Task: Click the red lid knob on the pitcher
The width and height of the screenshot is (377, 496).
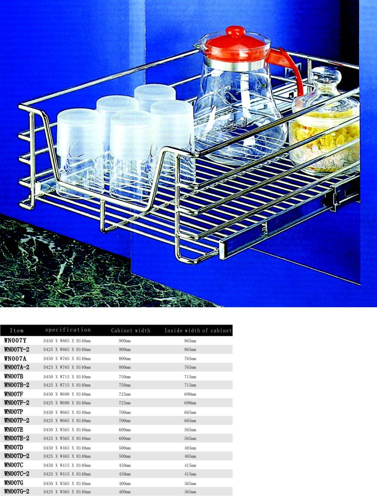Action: point(235,31)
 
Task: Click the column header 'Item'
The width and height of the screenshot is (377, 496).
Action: point(17,331)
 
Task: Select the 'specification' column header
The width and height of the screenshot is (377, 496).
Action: point(68,330)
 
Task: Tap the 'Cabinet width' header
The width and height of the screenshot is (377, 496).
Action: point(130,331)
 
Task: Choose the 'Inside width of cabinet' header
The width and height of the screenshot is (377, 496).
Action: point(198,331)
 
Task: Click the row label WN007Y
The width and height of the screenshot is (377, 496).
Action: point(15,341)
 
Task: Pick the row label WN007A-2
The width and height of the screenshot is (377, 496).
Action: point(16,367)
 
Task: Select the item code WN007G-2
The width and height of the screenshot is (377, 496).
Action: point(16,492)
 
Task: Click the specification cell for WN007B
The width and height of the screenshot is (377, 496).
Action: point(67,377)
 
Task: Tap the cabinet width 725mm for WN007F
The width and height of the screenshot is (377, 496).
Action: point(124,394)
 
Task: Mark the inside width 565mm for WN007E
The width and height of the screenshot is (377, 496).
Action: point(190,430)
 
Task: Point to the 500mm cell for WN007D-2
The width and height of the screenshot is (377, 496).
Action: point(124,456)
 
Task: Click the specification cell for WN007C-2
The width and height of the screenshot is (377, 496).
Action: point(67,474)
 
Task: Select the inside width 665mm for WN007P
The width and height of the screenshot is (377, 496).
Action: point(190,413)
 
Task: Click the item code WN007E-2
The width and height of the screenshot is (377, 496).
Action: point(16,438)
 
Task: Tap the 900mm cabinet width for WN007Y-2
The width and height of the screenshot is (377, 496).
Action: point(124,349)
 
